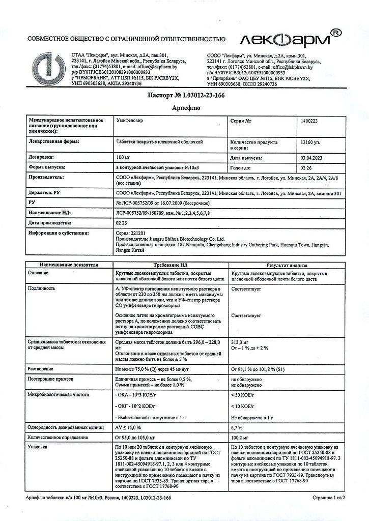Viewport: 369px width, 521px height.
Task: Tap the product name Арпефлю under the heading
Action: pos(185,108)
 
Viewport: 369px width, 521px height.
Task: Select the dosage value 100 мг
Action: pos(125,157)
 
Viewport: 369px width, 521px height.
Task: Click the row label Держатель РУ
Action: pos(48,194)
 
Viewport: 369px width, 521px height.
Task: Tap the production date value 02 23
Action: pos(122,223)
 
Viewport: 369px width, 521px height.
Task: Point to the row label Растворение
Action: pos(42,368)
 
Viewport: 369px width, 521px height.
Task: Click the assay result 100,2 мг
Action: pos(242,437)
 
